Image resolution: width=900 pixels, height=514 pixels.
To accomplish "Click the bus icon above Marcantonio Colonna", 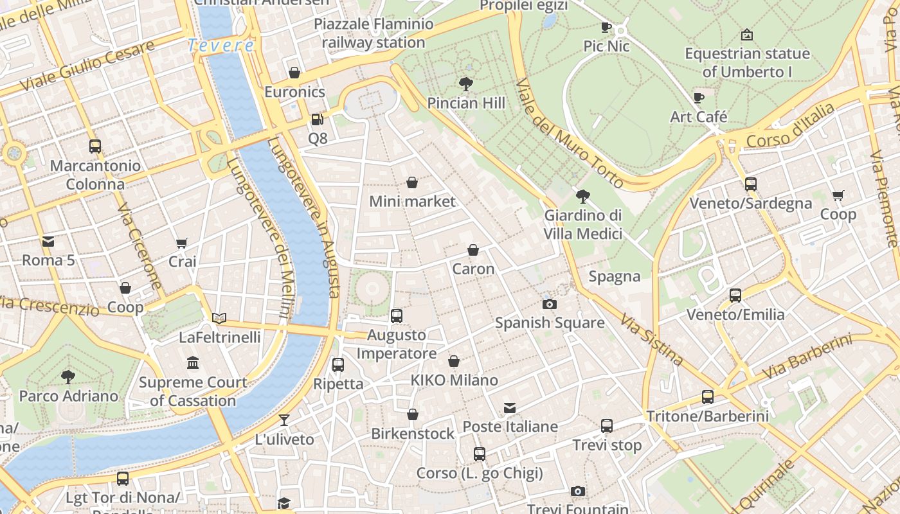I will (x=95, y=146).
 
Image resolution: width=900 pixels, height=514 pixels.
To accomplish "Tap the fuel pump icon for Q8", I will (x=317, y=120).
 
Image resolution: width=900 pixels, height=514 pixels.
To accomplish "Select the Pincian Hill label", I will (x=466, y=103).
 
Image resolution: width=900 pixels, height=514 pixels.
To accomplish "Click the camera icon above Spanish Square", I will (x=550, y=304).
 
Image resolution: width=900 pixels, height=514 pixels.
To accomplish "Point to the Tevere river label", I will (x=221, y=46).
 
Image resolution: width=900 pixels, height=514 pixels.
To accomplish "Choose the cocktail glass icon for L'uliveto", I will (x=284, y=420).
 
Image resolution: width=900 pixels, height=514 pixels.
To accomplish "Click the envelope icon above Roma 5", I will (x=48, y=242).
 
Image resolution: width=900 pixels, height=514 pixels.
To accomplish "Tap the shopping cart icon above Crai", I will (x=182, y=243).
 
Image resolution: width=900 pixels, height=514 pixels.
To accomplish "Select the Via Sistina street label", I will (x=651, y=339).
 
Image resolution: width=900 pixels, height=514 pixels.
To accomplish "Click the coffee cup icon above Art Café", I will (x=699, y=98).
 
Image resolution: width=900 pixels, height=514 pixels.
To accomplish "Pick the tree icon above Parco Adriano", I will (x=68, y=377).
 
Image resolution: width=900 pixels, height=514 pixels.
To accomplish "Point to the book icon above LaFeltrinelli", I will (x=219, y=318).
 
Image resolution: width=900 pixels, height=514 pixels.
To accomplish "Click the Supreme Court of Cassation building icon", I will (x=193, y=364).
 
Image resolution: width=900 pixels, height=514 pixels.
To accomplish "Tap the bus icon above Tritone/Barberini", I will (x=708, y=397).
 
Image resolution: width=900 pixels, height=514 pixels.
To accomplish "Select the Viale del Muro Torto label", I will (x=568, y=133).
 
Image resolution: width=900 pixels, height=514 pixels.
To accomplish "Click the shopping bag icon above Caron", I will (x=473, y=250).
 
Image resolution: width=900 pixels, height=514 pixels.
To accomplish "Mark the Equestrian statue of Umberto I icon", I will (x=747, y=35).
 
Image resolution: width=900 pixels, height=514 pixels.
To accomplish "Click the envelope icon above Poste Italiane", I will (x=510, y=408).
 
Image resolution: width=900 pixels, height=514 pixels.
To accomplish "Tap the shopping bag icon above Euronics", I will (x=294, y=73).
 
